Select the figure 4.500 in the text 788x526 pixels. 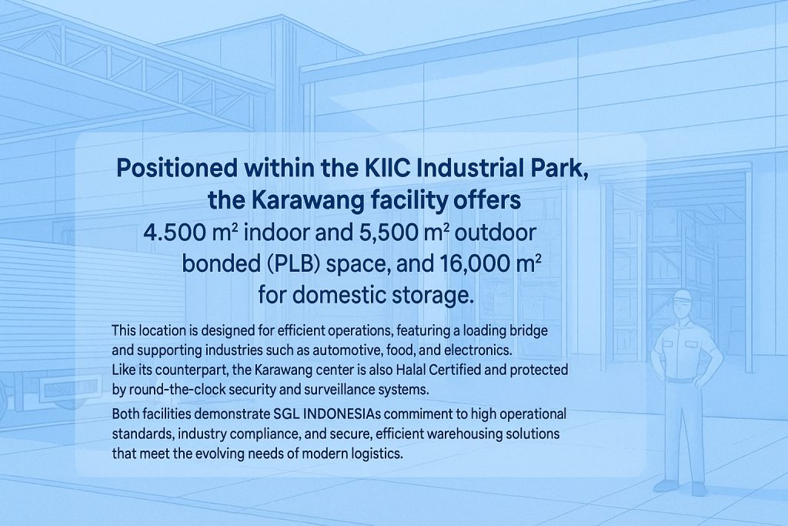(x=174, y=233)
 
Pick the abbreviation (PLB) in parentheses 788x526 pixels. (x=294, y=264)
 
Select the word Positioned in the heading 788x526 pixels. (x=177, y=168)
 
